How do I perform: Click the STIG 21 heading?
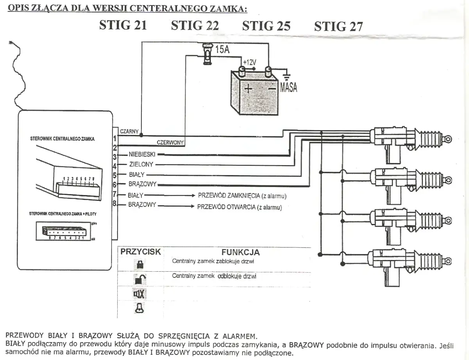tap(123, 25)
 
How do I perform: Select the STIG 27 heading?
tap(338, 26)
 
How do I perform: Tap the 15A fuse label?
tap(222, 50)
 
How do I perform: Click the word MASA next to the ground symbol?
tap(288, 87)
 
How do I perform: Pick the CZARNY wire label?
tap(129, 132)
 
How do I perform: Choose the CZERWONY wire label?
tap(170, 143)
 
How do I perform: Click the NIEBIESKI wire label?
tap(142, 154)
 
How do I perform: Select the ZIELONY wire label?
tap(141, 165)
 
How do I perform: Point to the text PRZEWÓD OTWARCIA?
tap(226, 207)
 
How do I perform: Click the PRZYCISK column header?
tap(140, 252)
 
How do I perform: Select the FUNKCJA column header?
tap(240, 253)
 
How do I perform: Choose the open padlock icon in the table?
tap(140, 279)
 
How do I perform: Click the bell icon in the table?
tap(139, 308)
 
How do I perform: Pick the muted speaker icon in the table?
tap(140, 293)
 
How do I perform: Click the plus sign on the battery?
tap(248, 89)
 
